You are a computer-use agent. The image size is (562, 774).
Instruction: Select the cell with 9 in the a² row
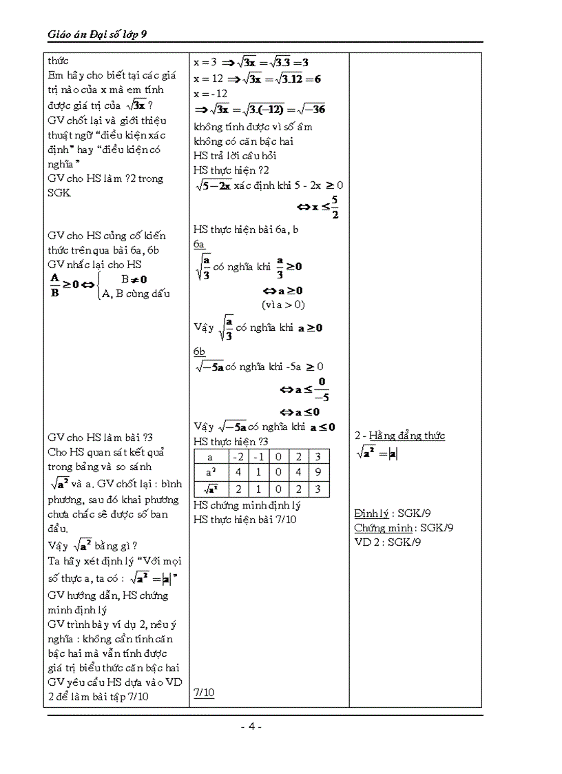tap(318, 473)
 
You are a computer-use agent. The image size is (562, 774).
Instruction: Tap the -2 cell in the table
tap(238, 456)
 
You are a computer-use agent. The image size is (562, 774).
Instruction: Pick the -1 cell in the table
tap(258, 456)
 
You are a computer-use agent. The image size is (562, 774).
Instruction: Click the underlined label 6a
tap(199, 244)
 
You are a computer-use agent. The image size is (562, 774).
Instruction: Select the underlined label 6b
tap(200, 352)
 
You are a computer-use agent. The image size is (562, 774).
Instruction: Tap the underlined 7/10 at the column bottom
tap(204, 693)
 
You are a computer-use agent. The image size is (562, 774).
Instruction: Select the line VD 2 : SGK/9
tap(388, 542)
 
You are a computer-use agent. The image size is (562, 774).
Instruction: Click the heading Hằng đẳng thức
tap(407, 436)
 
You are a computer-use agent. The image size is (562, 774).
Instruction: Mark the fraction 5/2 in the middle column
tap(334, 206)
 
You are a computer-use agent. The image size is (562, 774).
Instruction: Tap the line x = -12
tap(210, 94)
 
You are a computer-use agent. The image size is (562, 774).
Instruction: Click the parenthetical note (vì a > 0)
tap(283, 304)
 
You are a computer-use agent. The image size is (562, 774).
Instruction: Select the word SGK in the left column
tap(59, 193)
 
